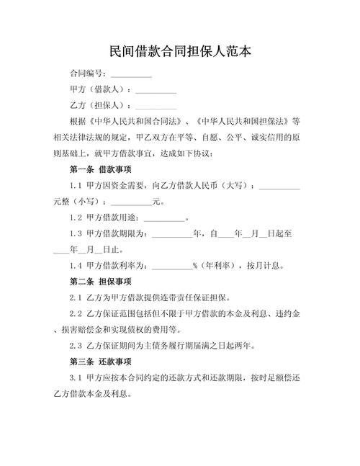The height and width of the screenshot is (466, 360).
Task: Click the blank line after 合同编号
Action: point(131,74)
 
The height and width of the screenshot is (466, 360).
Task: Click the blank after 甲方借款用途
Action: point(165,218)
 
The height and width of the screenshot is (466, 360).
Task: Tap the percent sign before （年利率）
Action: point(195,265)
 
